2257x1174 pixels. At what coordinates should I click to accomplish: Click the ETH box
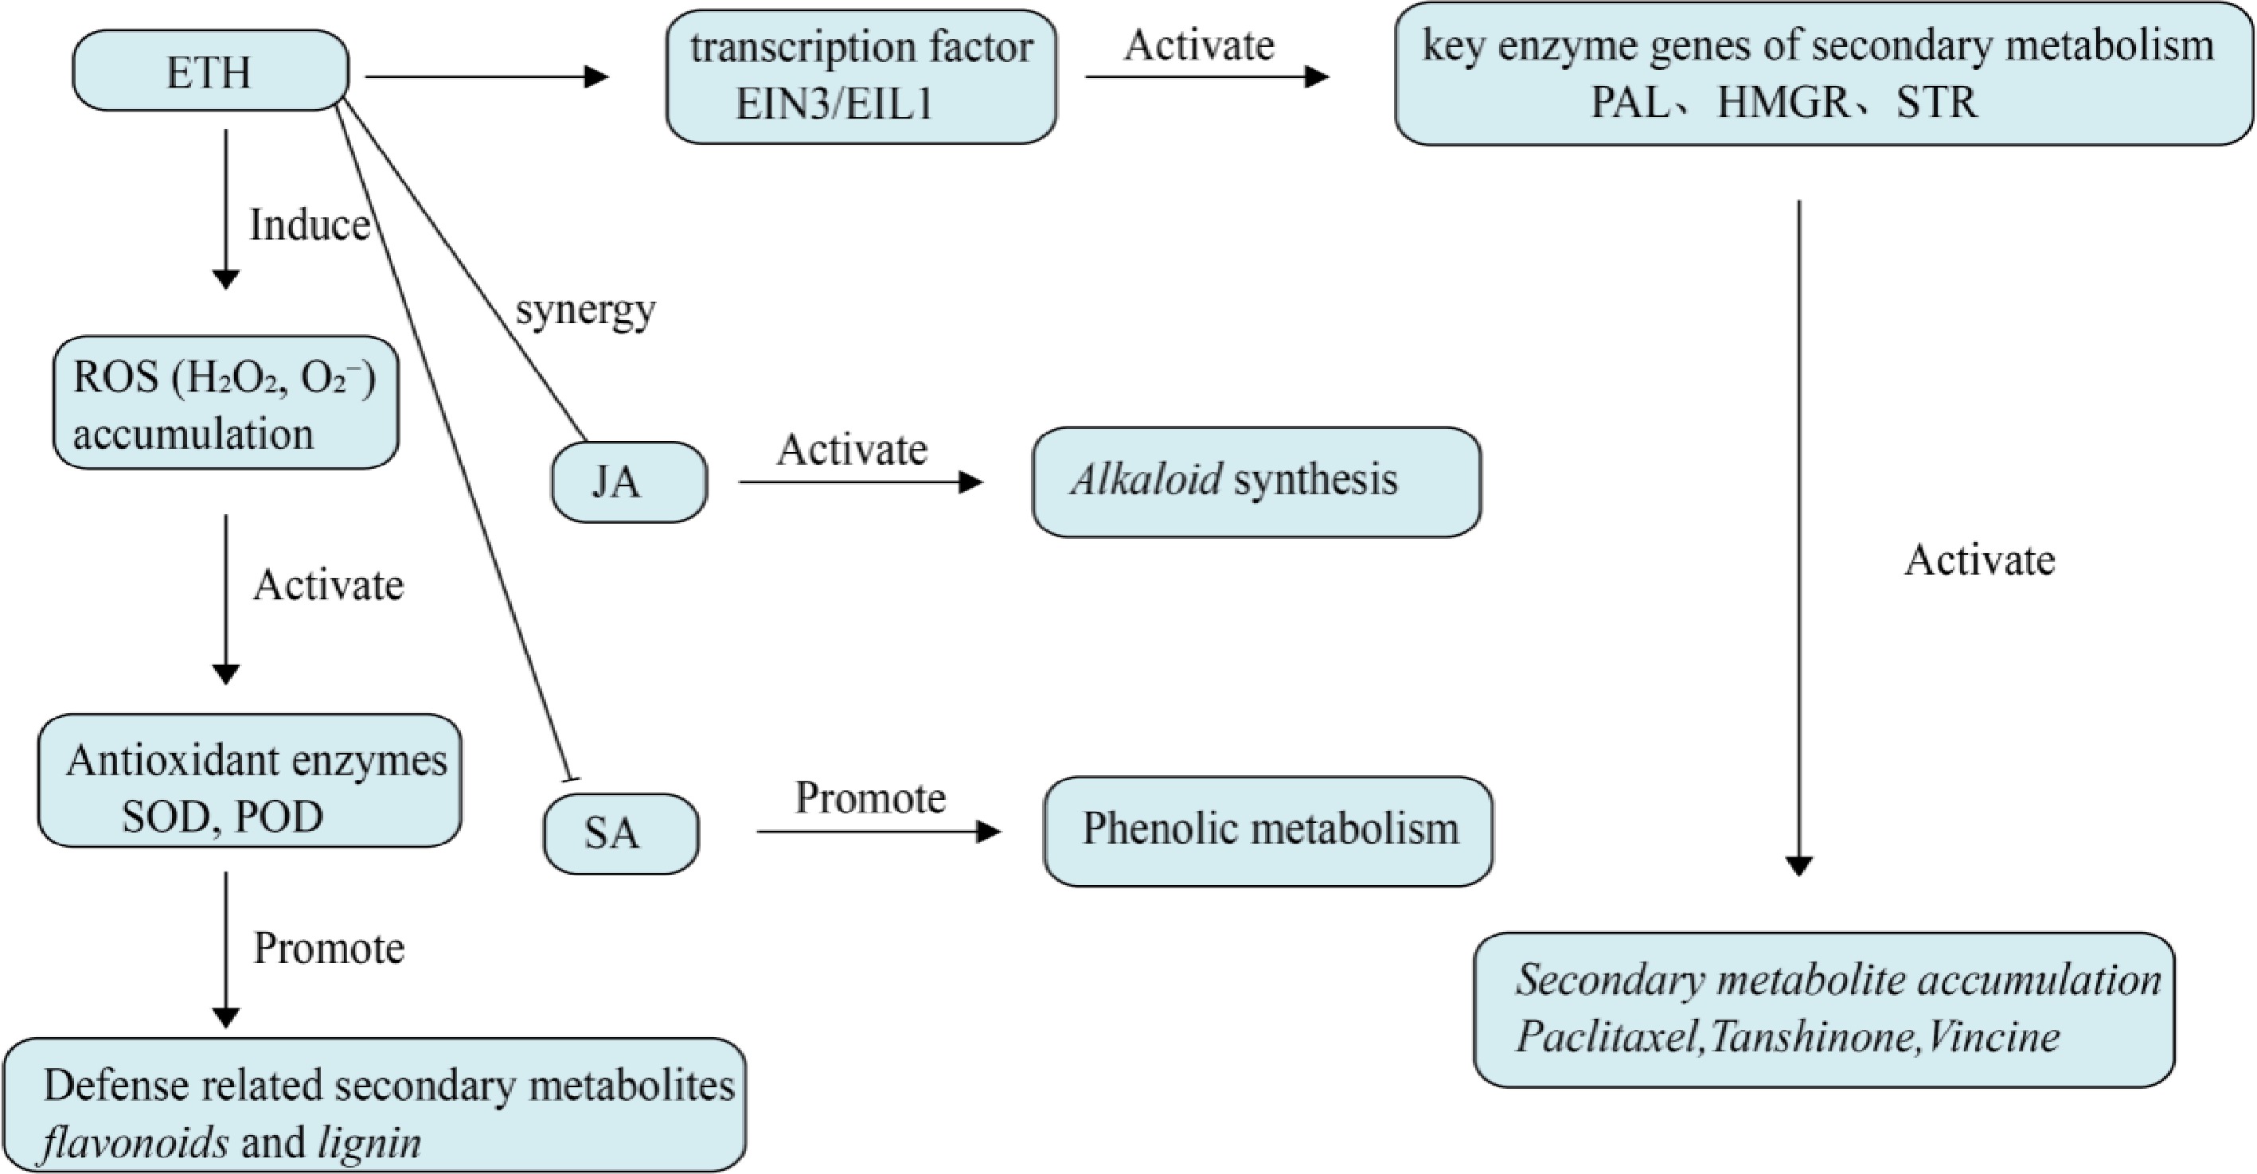(x=210, y=71)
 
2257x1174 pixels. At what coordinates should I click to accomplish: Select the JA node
(x=629, y=482)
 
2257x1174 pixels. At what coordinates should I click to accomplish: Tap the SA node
(x=620, y=833)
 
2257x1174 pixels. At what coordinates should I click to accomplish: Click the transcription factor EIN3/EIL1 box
(x=861, y=76)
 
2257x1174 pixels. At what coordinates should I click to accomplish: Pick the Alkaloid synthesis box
(x=1256, y=482)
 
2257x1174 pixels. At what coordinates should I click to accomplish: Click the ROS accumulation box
(x=226, y=403)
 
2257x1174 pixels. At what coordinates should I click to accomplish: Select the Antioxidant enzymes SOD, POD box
(x=250, y=781)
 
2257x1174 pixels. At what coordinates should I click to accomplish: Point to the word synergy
(x=585, y=310)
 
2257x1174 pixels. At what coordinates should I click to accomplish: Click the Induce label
(x=309, y=225)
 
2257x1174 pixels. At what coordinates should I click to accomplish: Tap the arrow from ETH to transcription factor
(x=486, y=77)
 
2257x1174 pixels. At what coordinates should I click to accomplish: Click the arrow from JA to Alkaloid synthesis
(x=860, y=482)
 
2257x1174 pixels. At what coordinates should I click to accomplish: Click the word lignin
(x=369, y=1142)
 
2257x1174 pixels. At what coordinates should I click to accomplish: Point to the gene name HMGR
(x=1783, y=103)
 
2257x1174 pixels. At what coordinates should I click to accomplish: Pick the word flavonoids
(x=136, y=1142)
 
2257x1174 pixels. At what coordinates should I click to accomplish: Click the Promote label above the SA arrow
(x=870, y=798)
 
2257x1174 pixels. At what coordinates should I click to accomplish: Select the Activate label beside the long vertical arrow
(x=1979, y=560)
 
